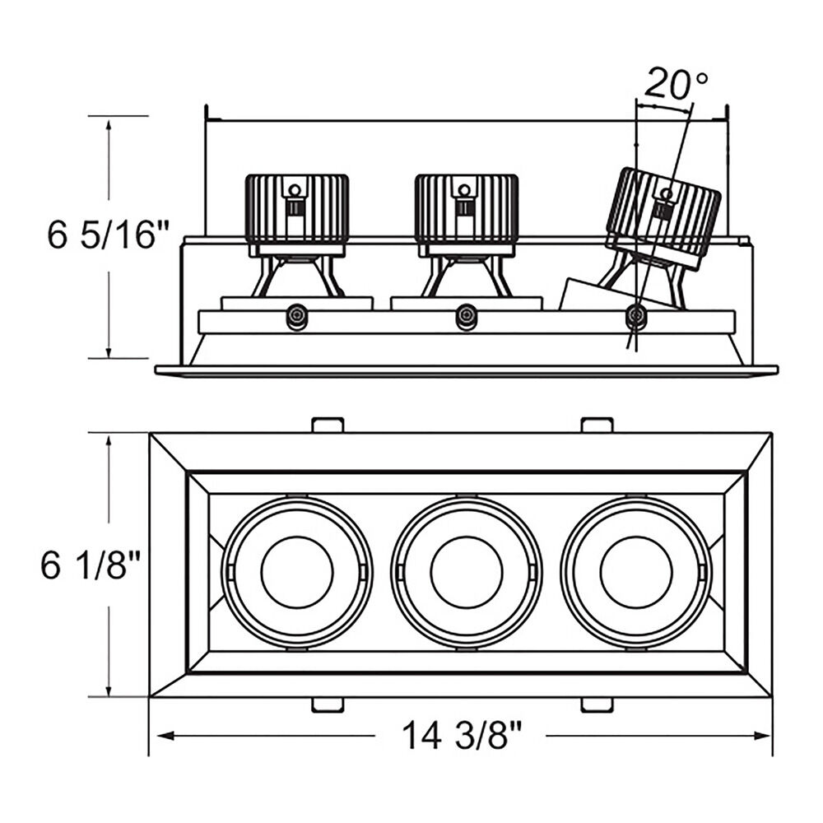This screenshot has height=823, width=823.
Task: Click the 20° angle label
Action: coord(676,83)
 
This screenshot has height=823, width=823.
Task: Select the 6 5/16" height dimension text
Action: coord(109,235)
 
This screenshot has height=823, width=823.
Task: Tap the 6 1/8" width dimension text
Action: coord(91,565)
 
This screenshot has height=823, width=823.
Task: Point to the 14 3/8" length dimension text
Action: coord(462,735)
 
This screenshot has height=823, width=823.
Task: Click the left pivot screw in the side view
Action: coord(296,317)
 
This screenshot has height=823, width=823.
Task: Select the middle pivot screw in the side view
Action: coord(466,316)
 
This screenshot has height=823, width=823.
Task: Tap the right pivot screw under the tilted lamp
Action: coord(636,315)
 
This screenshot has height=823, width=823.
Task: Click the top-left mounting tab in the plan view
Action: coord(328,425)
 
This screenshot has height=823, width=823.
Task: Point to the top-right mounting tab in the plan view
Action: coord(597,425)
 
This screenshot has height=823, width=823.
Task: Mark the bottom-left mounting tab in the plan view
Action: coord(328,705)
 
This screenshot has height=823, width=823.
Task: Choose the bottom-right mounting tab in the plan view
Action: coord(597,705)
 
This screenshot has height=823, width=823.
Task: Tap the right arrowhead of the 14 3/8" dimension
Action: coord(762,736)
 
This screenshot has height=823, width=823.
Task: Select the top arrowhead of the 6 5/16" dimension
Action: coord(109,126)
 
